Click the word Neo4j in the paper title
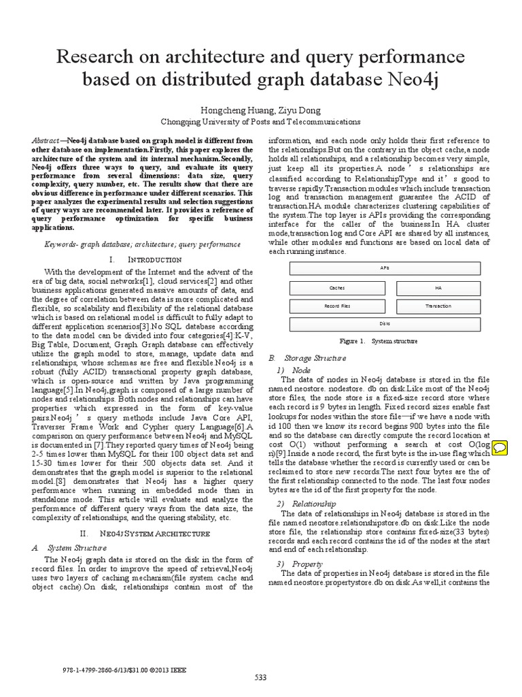[410, 80]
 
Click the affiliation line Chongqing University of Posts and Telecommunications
[260, 122]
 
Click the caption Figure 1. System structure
[378, 341]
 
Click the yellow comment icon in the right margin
[500, 447]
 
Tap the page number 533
[260, 677]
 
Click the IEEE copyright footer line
[114, 668]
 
